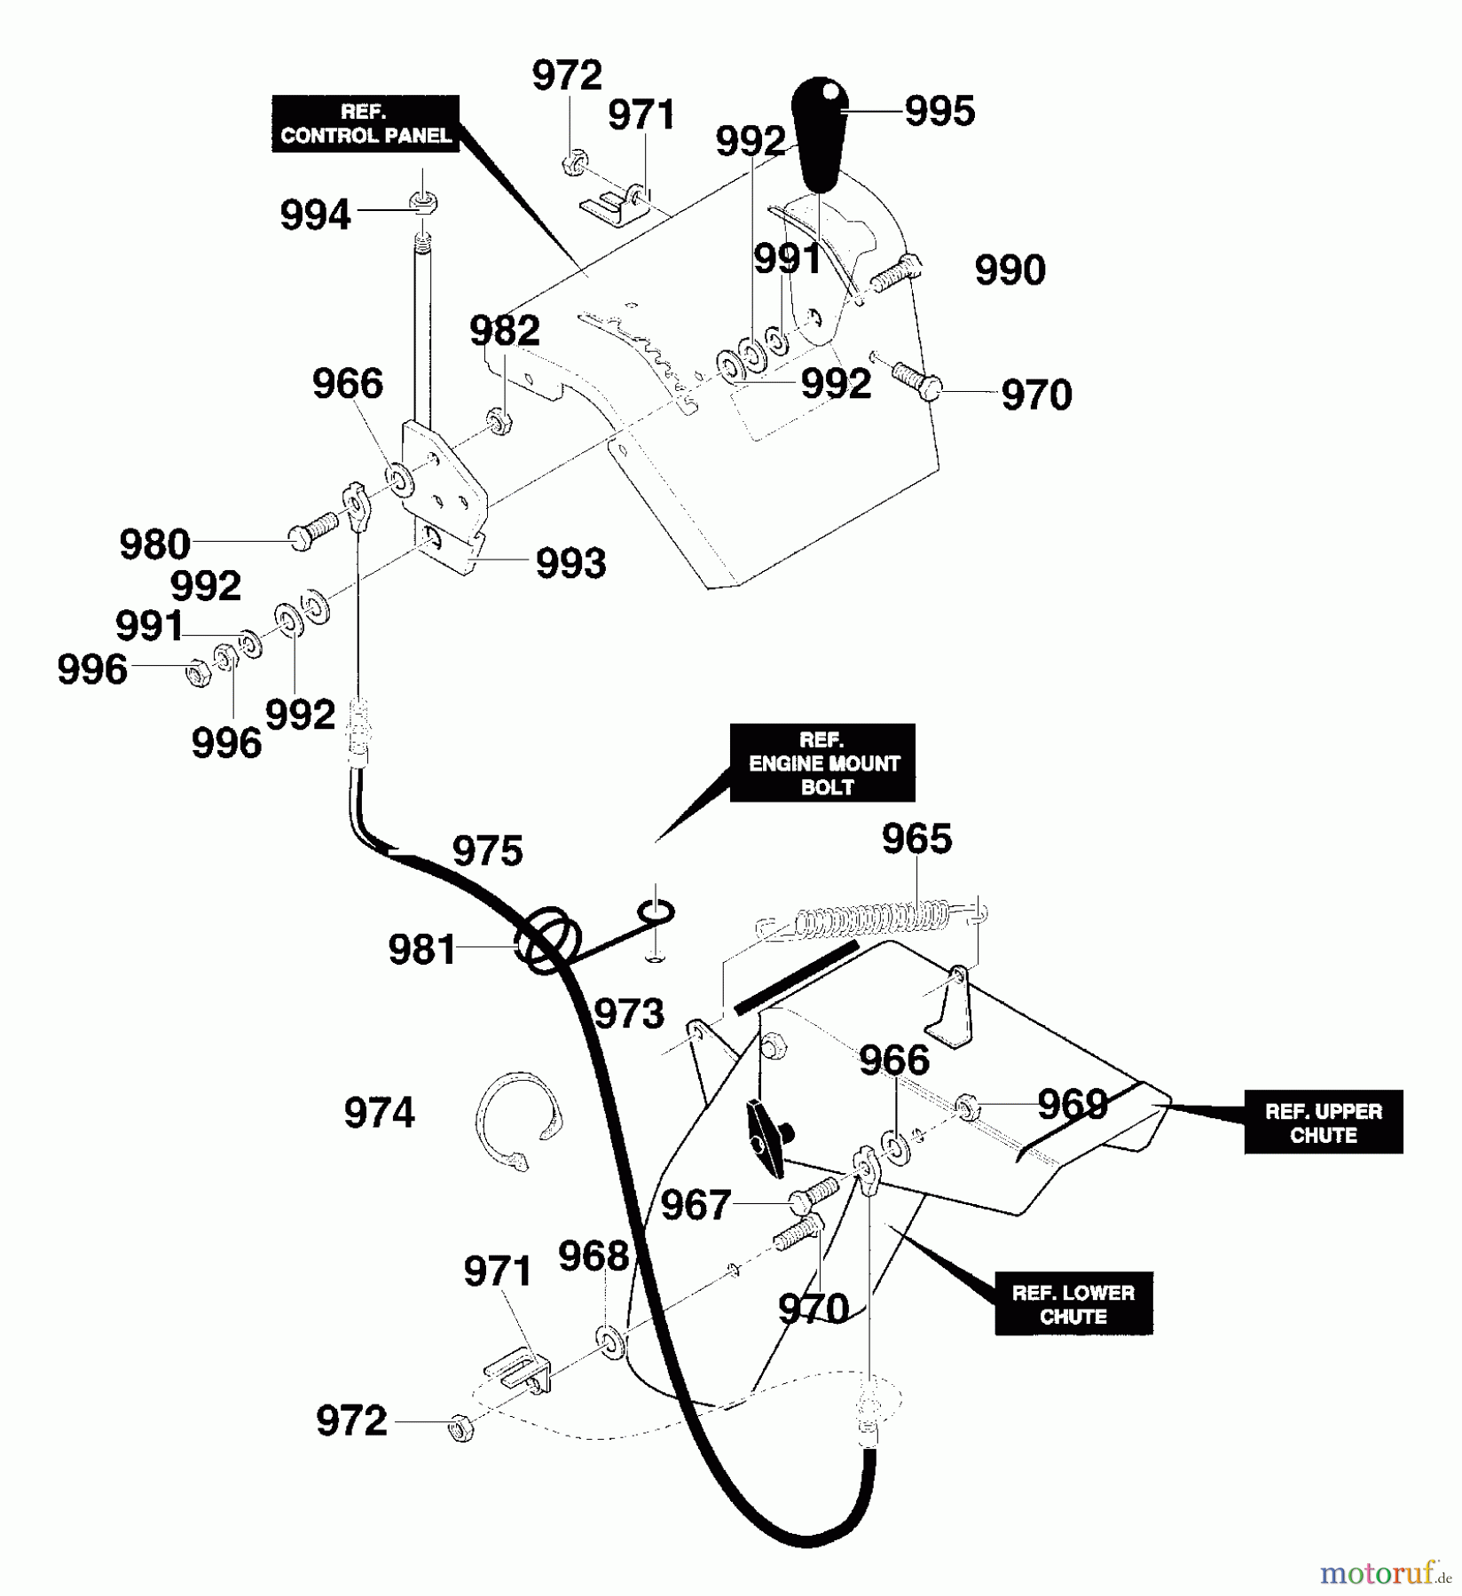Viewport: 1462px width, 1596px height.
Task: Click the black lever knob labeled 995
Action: coord(823,133)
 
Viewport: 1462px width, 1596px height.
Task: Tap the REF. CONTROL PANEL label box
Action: coord(365,124)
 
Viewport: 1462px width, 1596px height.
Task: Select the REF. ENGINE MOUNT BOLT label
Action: coord(822,763)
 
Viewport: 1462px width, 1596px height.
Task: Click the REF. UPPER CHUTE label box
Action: coord(1323,1123)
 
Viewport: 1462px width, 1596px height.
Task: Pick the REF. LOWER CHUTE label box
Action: coord(1073,1304)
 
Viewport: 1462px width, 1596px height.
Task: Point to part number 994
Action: coord(315,215)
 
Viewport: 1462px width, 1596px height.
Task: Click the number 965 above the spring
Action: coord(916,839)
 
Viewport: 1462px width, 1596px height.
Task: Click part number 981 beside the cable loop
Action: coord(421,951)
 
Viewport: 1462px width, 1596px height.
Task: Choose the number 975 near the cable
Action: coord(487,851)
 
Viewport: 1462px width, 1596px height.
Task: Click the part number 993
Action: coord(570,564)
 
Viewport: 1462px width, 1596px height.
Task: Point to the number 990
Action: coord(1010,270)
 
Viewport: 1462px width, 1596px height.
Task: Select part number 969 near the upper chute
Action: coord(1073,1105)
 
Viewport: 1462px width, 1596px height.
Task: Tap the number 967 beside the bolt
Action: coord(695,1206)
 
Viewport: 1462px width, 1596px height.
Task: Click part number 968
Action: coord(593,1256)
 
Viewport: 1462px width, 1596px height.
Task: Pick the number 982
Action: coord(504,332)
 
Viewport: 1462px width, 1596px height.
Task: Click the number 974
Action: coord(379,1113)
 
